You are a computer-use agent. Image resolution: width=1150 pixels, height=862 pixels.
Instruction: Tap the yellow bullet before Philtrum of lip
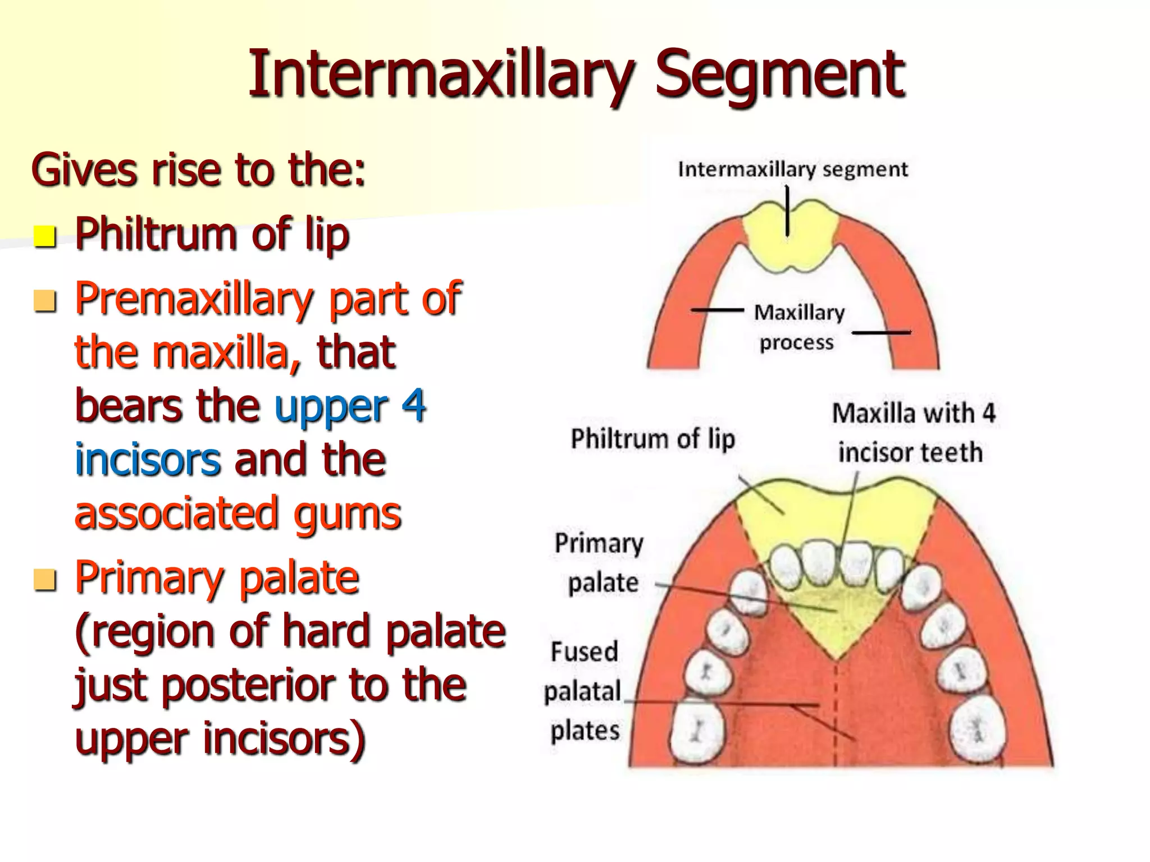44,236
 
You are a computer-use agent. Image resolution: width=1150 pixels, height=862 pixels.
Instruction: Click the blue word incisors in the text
148,459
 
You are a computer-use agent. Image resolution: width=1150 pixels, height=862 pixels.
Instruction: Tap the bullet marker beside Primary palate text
44,580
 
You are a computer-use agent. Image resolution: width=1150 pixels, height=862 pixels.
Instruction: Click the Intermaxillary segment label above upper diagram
792,169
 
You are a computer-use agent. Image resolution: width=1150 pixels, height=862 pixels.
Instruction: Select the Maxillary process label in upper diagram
798,327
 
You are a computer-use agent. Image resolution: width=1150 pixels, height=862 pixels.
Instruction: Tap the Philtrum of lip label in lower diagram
652,439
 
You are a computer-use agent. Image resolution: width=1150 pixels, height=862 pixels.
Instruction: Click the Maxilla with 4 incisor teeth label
912,433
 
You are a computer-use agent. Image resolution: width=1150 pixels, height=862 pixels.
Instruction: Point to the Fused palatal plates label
584,691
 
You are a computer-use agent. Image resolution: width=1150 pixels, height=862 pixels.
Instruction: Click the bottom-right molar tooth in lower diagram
977,728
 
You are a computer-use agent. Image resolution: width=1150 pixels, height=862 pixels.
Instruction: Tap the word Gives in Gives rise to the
84,170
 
